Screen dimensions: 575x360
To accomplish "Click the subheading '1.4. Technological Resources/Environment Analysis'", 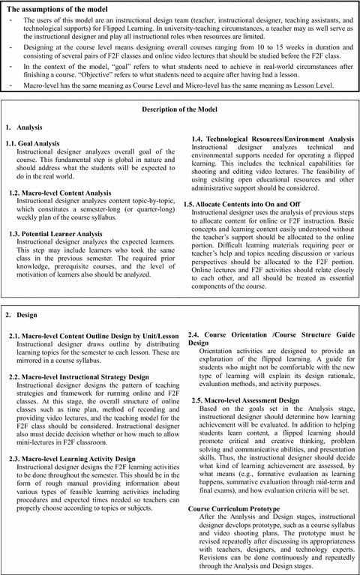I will tap(272, 139).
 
